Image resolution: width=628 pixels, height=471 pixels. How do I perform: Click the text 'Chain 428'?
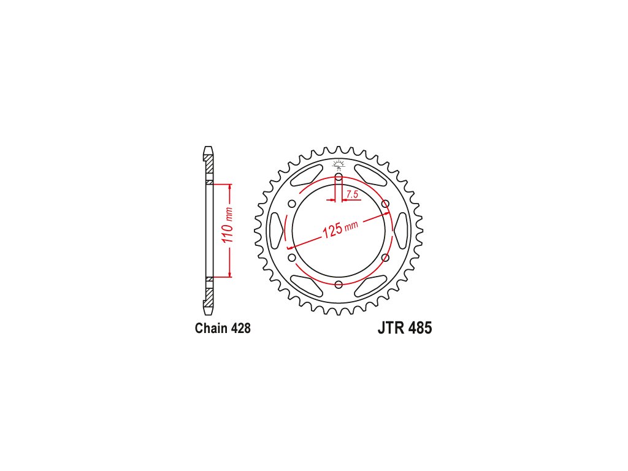(x=223, y=328)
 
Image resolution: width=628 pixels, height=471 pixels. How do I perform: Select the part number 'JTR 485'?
(x=405, y=328)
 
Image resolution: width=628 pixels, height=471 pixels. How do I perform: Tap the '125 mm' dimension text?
(x=340, y=229)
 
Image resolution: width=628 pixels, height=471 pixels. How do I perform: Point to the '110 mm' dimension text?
(x=228, y=224)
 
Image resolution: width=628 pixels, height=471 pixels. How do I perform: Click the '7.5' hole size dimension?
(x=352, y=194)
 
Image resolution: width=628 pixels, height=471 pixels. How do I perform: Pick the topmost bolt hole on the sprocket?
(x=339, y=177)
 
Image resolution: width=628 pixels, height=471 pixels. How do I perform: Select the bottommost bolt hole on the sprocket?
(x=339, y=285)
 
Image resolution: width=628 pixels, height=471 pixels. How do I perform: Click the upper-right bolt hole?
(x=385, y=204)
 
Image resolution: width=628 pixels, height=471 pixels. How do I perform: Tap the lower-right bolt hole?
(x=385, y=258)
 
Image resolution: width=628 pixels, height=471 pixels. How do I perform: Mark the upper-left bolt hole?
(x=292, y=204)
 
